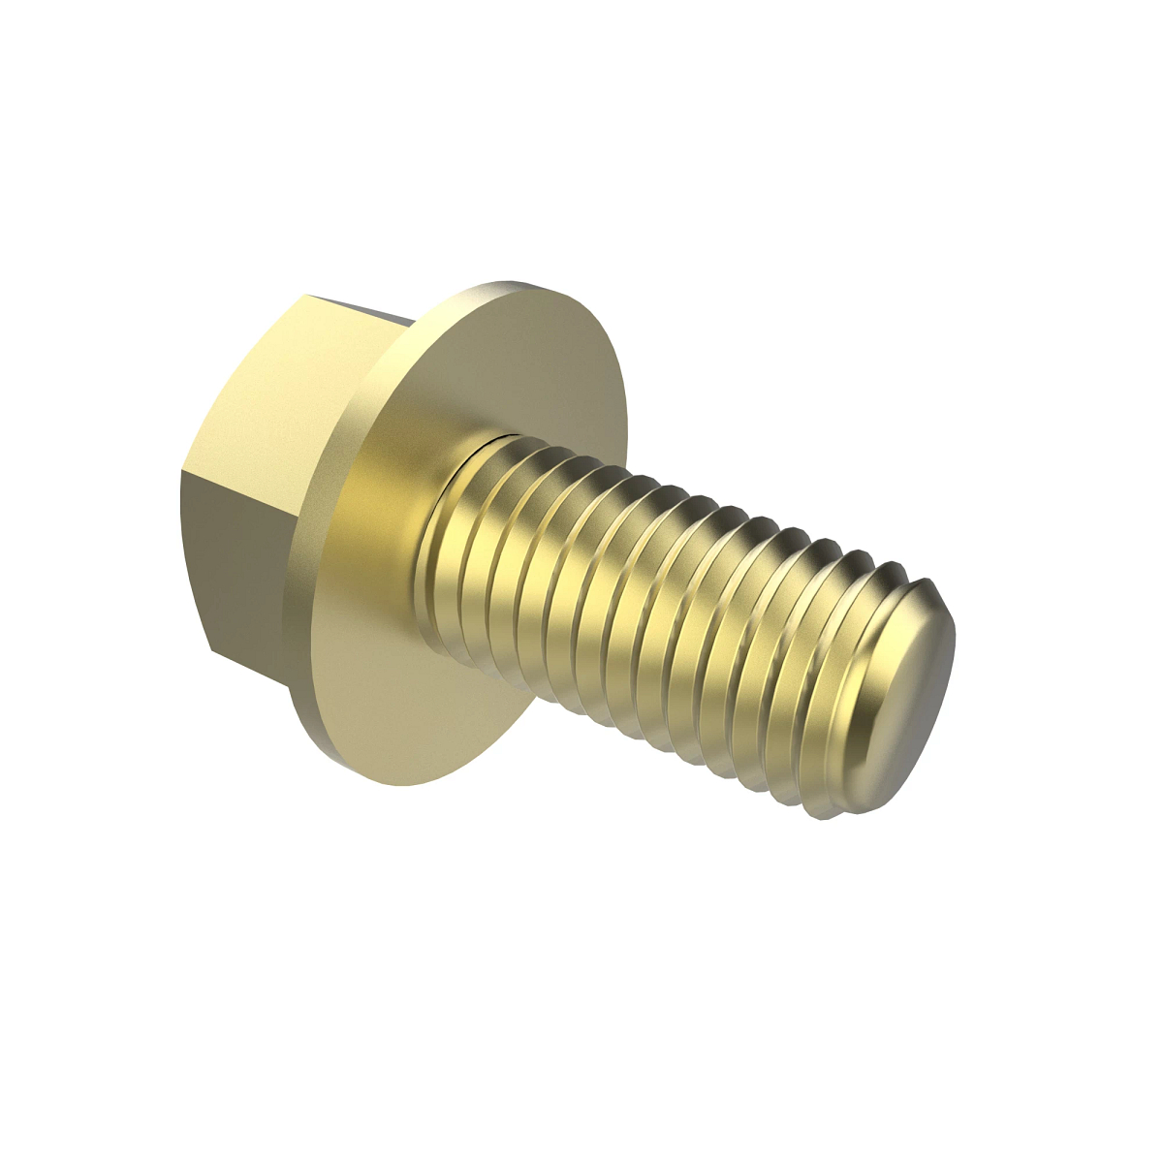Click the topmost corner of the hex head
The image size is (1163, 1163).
[303, 296]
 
